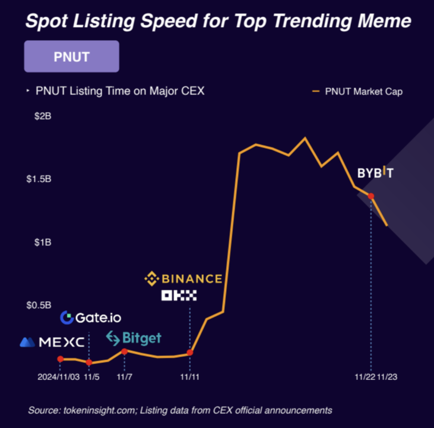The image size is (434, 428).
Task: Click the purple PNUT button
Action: coord(71,56)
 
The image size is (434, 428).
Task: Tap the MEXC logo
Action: coord(52,342)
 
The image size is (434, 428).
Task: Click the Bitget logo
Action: coord(134,339)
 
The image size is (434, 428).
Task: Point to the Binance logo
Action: coord(183,278)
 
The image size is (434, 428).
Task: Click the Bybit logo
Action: coord(375,173)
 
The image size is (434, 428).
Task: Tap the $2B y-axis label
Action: coord(43,117)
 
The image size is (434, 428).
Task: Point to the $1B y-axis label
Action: coord(43,243)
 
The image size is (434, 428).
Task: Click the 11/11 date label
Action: coord(190,377)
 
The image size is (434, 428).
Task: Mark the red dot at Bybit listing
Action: coord(371,196)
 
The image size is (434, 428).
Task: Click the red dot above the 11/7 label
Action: coord(124,351)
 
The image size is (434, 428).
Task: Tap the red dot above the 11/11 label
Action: coord(190,353)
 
